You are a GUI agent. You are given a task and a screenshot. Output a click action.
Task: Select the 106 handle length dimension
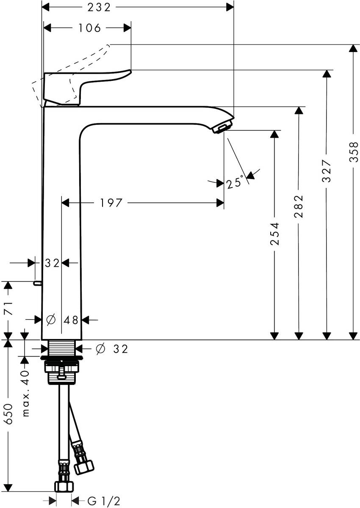coord(90,28)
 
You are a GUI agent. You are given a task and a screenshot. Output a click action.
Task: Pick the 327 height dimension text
coord(326,171)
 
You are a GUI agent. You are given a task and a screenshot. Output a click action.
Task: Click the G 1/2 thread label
coord(104,501)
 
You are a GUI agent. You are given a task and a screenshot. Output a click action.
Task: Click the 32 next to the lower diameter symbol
coord(120,349)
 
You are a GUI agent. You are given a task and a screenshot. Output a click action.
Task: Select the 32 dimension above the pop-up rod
coord(52,263)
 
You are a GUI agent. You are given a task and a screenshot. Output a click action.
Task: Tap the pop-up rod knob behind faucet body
coord(37,283)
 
